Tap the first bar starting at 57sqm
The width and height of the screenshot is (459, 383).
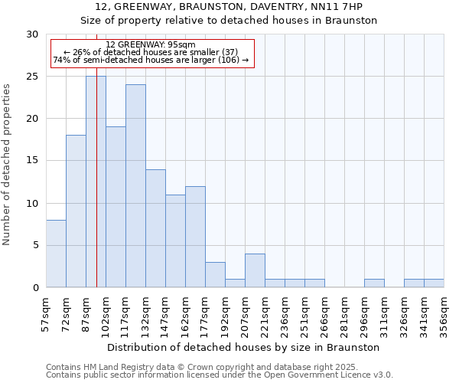56,254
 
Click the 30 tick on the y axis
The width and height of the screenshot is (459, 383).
32,34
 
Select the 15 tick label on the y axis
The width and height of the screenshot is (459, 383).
32,161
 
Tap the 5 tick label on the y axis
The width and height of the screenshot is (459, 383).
35,245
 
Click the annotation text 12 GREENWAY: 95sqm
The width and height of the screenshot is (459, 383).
151,45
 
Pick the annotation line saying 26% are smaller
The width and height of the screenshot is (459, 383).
151,52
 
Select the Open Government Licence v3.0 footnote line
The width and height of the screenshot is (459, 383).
219,375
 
